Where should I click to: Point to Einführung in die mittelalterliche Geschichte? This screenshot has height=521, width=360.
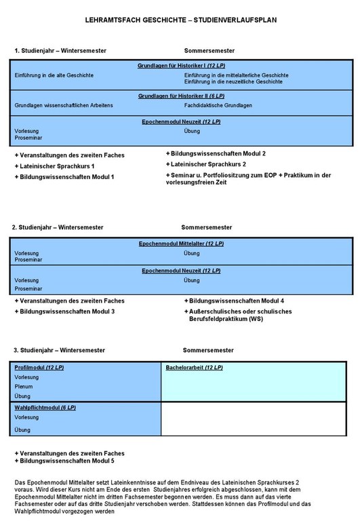(236, 75)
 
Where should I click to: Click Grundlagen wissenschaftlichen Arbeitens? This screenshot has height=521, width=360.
(63, 106)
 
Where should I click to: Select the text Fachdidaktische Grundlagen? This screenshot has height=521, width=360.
(218, 106)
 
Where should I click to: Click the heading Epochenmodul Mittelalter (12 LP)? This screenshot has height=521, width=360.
(181, 243)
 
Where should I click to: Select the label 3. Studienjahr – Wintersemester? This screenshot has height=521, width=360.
(59, 350)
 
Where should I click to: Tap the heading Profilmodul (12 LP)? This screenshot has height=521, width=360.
(39, 368)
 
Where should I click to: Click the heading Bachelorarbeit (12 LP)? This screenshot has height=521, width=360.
(195, 368)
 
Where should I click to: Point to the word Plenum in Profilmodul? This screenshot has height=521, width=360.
(24, 387)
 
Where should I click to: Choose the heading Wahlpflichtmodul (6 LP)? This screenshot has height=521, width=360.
(45, 408)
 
